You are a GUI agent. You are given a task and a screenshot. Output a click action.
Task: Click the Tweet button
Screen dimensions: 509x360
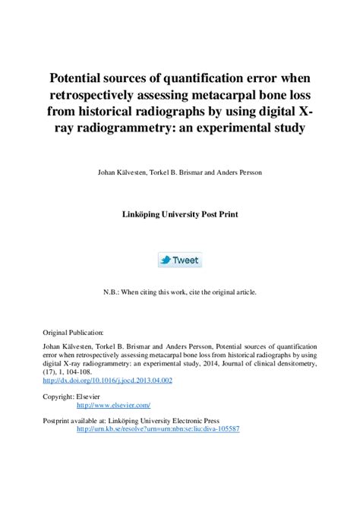[179, 260]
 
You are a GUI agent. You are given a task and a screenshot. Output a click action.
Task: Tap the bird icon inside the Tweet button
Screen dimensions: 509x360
[165, 260]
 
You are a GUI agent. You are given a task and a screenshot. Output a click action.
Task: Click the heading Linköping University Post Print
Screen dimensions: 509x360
[180, 214]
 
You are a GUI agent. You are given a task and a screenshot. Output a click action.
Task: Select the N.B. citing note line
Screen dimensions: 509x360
[180, 292]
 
